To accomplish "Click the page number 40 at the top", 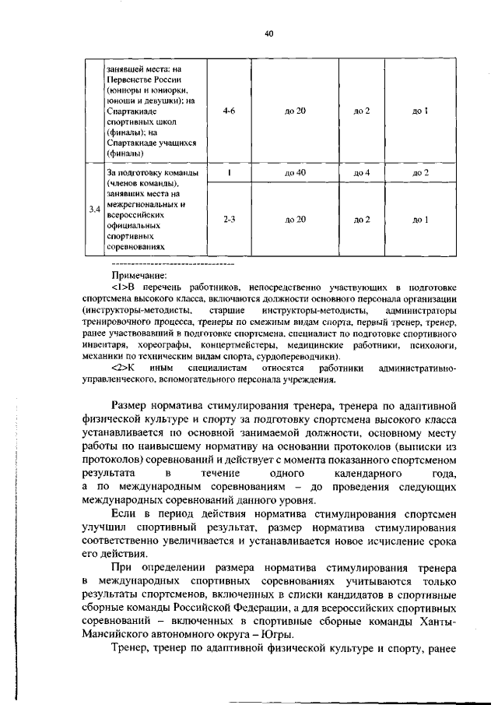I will (268, 33).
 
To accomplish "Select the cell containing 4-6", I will (229, 111).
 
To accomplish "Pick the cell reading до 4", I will (361, 171).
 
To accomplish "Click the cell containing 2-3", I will (229, 220).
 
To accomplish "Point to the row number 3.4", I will (94, 209).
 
